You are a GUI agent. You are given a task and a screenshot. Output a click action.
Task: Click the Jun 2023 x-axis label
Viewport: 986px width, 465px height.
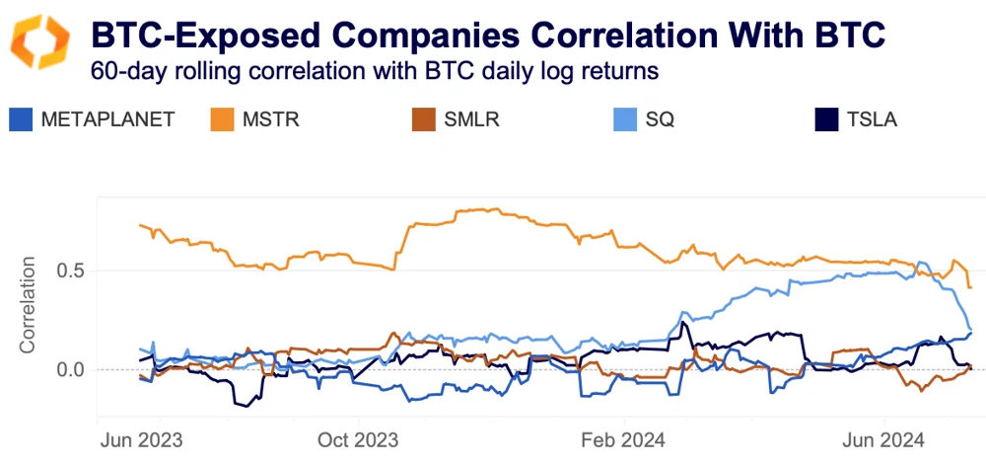[x=140, y=437]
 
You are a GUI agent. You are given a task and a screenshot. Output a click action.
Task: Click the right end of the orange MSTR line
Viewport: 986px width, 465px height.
[x=971, y=287]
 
